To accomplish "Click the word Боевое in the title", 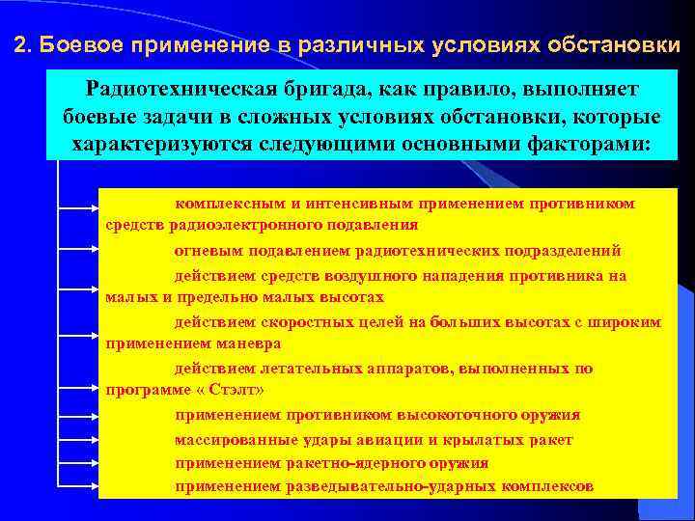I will pyautogui.click(x=81, y=45).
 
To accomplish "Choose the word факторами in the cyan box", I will pyautogui.click(x=589, y=144).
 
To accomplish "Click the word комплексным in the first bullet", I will pyautogui.click(x=226, y=204).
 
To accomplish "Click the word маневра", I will pyautogui.click(x=248, y=343).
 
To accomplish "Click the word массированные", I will pyautogui.click(x=228, y=439).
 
